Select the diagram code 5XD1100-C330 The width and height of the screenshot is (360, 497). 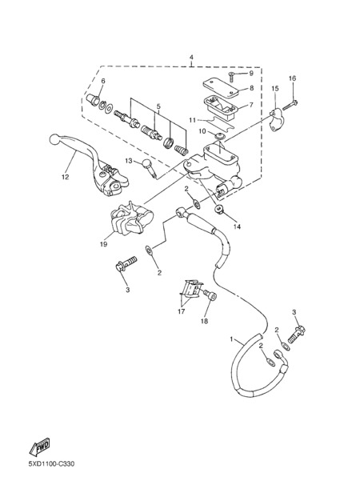point(51,464)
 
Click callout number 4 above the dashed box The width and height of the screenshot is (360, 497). point(191,58)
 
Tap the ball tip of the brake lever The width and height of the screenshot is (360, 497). point(55,139)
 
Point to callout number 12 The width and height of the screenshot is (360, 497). point(66,177)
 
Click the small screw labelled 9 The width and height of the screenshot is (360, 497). point(231,76)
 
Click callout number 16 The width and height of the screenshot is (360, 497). point(292,78)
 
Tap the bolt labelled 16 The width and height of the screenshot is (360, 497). point(290,105)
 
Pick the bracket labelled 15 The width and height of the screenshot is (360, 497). point(275,120)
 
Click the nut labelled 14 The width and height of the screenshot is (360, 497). point(218,209)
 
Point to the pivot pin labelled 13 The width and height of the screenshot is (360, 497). point(150,167)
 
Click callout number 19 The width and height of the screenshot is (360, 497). point(104,244)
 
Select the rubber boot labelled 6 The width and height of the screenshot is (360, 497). point(93,99)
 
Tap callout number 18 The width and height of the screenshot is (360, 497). point(205,322)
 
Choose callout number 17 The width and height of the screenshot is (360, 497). point(181,312)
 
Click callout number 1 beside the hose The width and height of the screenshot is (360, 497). point(231,339)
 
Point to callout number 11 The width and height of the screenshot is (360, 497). point(193,120)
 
